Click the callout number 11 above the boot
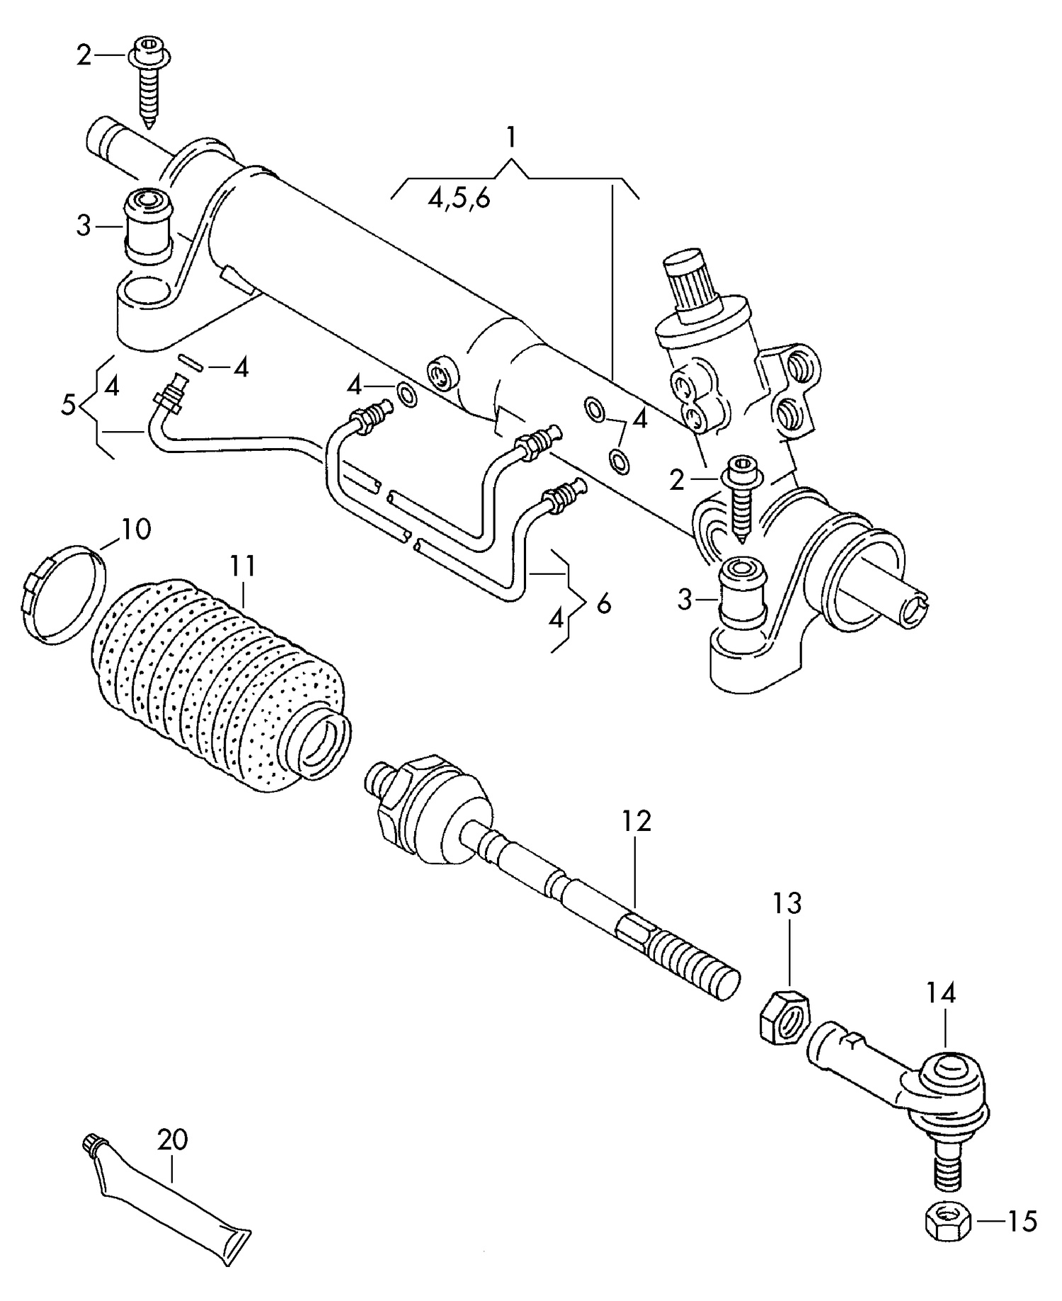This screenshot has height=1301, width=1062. (x=242, y=566)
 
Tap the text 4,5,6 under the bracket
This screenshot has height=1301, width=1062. (x=459, y=199)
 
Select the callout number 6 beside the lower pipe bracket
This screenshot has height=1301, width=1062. (x=603, y=604)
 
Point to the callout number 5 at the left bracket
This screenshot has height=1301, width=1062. (x=68, y=406)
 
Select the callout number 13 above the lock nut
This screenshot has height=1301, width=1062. (x=787, y=904)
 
